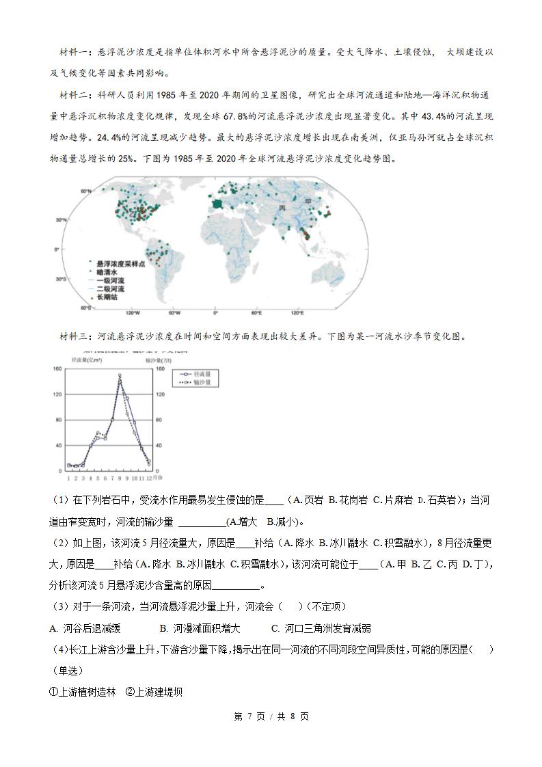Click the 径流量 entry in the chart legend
[195, 375]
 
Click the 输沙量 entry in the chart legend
[195, 383]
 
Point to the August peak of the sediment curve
[120, 375]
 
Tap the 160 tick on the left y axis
[57, 369]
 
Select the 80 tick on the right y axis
[163, 418]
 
